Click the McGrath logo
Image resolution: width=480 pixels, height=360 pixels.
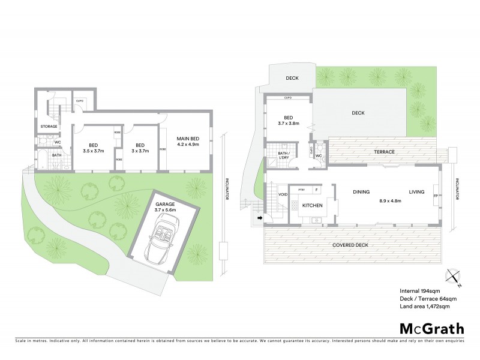coord(433,328)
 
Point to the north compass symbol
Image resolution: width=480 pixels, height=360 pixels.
coord(454,277)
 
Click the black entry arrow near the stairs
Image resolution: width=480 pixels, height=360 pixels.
coord(259,218)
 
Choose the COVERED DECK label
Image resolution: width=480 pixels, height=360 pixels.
coord(350,245)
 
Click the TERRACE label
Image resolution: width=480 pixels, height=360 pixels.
coord(384,152)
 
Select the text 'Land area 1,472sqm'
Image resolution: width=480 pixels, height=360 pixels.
coord(424,307)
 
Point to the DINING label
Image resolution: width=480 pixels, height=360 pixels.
coord(361,192)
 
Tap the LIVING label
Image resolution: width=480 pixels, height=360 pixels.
coord(417,192)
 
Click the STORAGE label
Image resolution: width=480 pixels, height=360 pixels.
coord(49,127)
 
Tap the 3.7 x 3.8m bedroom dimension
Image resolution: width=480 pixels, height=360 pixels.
coord(288,123)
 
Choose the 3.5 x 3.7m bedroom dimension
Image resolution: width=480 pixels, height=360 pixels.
coord(93,151)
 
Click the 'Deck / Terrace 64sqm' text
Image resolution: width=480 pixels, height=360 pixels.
coord(428,298)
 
